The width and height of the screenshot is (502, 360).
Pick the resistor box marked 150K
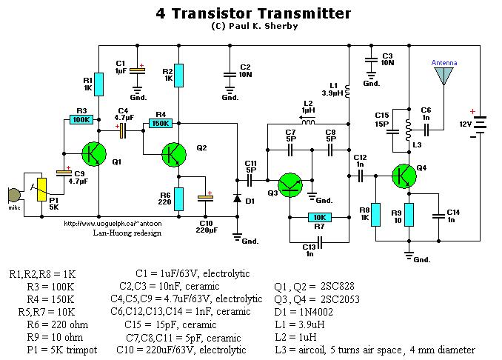tap(160, 124)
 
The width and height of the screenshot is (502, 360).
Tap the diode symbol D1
tap(236, 198)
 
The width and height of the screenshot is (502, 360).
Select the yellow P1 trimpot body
tap(42, 190)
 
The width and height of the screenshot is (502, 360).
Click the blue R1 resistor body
tap(99, 84)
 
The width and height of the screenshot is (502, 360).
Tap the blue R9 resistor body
tap(408, 214)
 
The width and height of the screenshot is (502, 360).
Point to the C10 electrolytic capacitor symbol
tap(205, 198)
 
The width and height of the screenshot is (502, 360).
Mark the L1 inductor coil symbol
tap(349, 87)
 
